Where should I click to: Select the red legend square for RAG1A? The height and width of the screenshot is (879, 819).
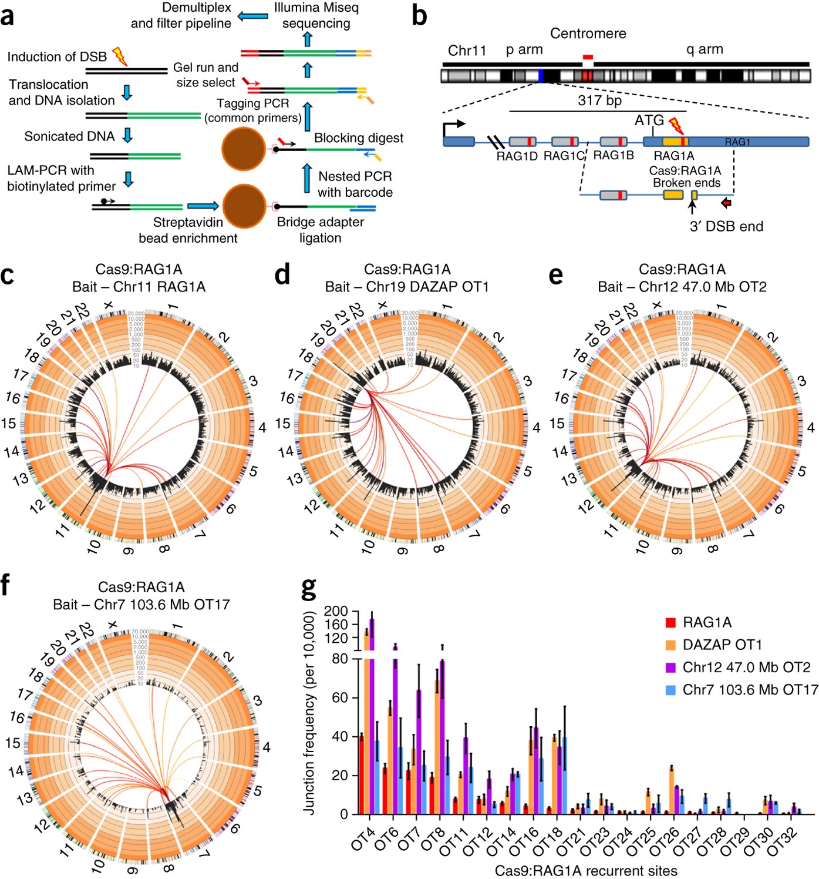pos(670,623)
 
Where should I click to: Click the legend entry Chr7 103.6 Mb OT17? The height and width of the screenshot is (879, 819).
pos(750,690)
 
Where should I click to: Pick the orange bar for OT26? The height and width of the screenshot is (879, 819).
pos(671,790)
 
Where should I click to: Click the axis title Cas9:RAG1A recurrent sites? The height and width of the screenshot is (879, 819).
pos(585,870)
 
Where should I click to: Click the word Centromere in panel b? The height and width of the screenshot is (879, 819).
pos(588,34)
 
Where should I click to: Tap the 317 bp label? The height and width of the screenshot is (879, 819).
pos(599,100)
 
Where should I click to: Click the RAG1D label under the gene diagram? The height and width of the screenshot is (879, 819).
pos(517,156)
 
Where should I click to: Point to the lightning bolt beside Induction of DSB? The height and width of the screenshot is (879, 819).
pos(120,56)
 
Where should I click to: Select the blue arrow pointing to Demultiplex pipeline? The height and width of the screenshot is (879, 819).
pos(252,16)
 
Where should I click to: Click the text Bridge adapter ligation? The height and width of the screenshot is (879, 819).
pos(320,230)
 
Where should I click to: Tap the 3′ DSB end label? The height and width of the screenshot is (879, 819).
pos(726,227)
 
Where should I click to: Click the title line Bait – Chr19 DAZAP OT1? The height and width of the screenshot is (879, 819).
pos(407,287)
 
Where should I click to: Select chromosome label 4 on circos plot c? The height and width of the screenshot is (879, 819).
pos(262,428)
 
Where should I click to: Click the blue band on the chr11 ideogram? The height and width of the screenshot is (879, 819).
pos(540,76)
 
